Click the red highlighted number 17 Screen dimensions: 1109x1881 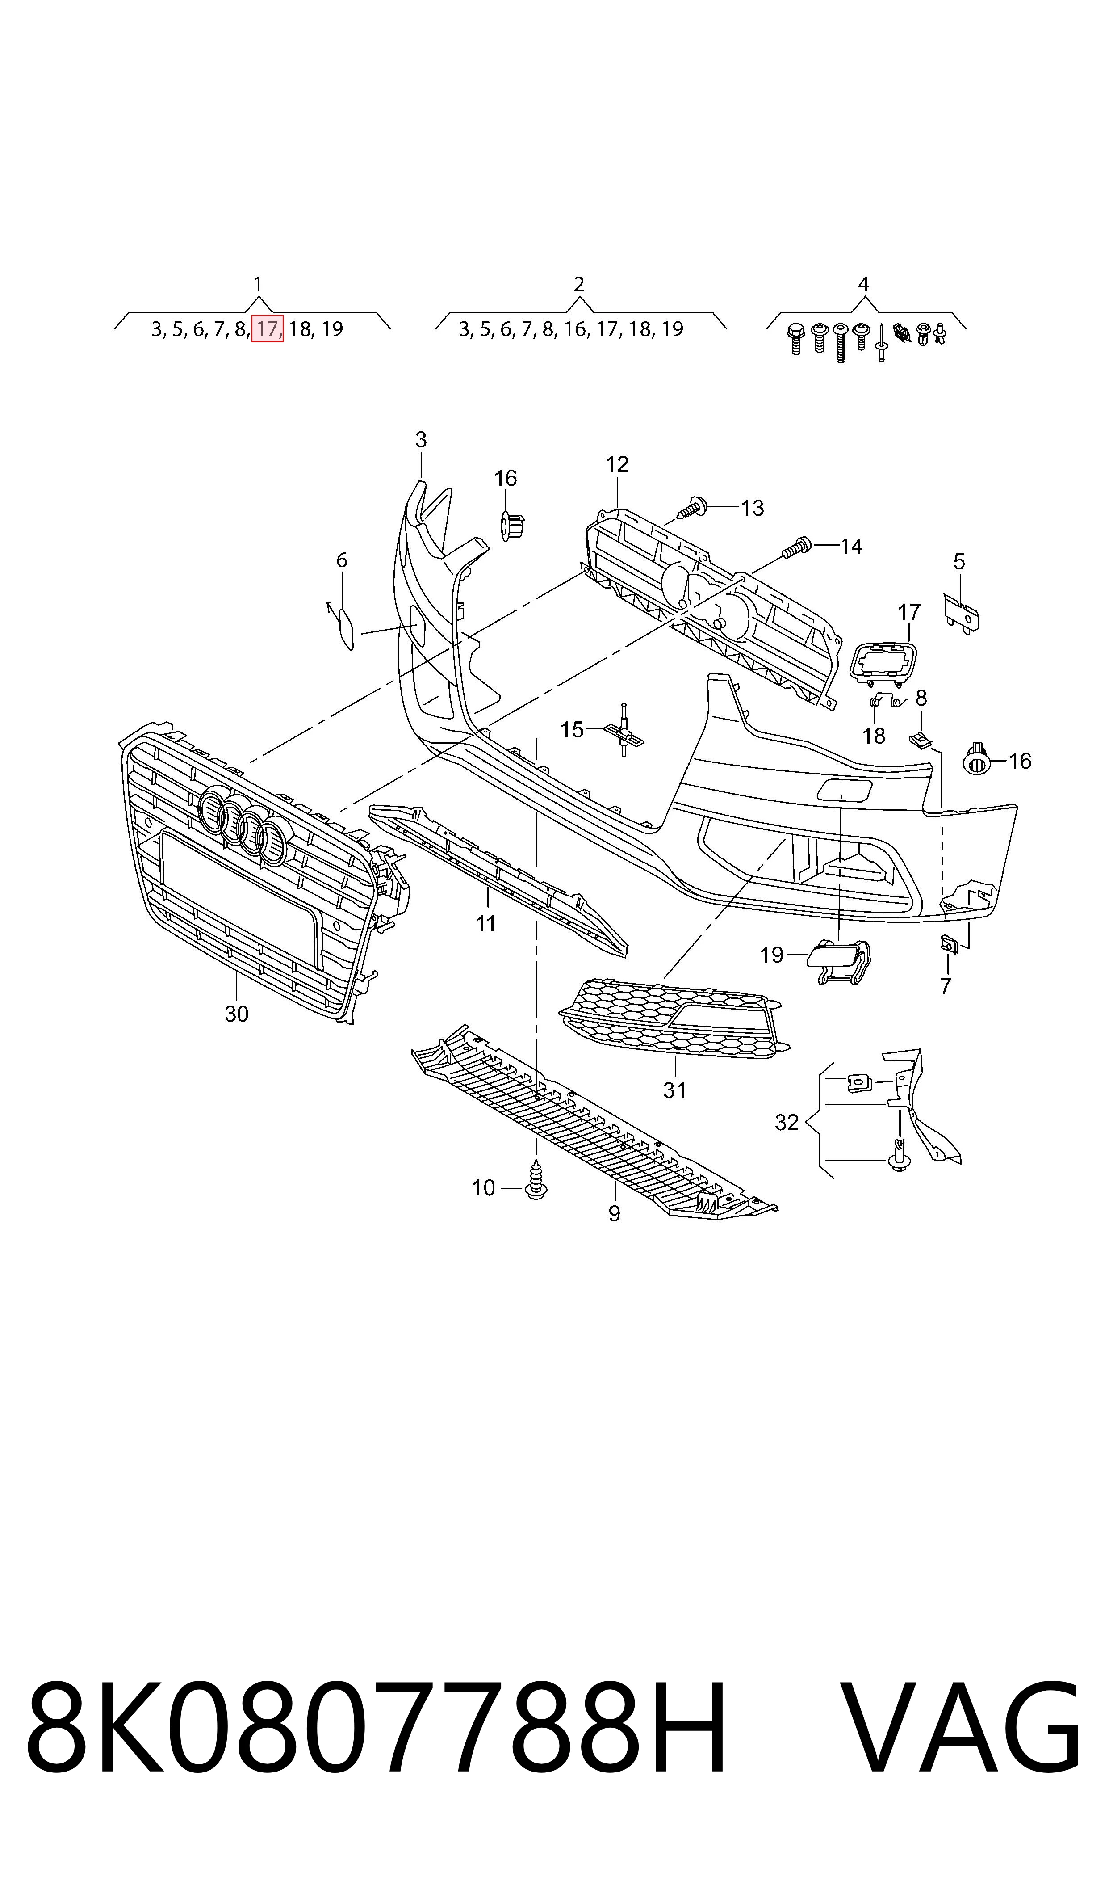(x=267, y=329)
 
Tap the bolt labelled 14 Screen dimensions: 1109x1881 (x=797, y=547)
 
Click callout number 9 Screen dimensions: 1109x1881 (x=614, y=1213)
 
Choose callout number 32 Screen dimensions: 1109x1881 (x=787, y=1122)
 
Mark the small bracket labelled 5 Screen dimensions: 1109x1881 (x=963, y=614)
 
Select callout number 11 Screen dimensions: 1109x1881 (x=486, y=924)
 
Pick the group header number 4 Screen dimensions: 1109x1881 (x=863, y=284)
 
